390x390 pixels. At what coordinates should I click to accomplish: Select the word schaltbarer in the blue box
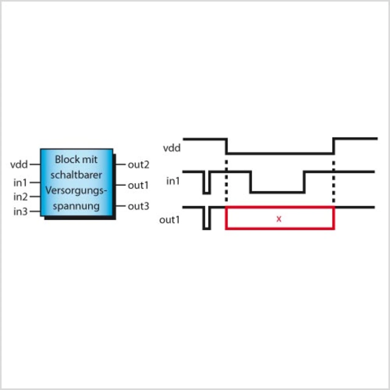click(x=76, y=175)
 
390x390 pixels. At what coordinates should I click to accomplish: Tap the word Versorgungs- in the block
click(x=76, y=190)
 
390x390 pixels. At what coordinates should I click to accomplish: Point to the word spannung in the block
click(x=76, y=206)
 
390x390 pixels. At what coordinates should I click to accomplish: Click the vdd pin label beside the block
click(x=19, y=165)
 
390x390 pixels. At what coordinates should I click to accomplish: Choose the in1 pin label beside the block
click(x=20, y=183)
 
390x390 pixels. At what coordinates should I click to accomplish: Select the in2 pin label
click(x=20, y=197)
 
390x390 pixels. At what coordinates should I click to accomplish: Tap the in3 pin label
click(x=20, y=211)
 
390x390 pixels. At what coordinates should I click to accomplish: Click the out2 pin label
click(x=138, y=165)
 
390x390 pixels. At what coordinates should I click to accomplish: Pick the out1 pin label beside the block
click(x=138, y=185)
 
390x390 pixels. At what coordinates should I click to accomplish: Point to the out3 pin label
click(x=138, y=206)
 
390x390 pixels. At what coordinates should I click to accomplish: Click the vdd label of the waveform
click(x=172, y=148)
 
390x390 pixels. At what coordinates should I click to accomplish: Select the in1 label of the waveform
click(x=173, y=181)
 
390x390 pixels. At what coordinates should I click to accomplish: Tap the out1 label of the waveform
click(x=169, y=220)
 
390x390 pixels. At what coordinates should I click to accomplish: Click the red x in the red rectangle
click(x=279, y=219)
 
